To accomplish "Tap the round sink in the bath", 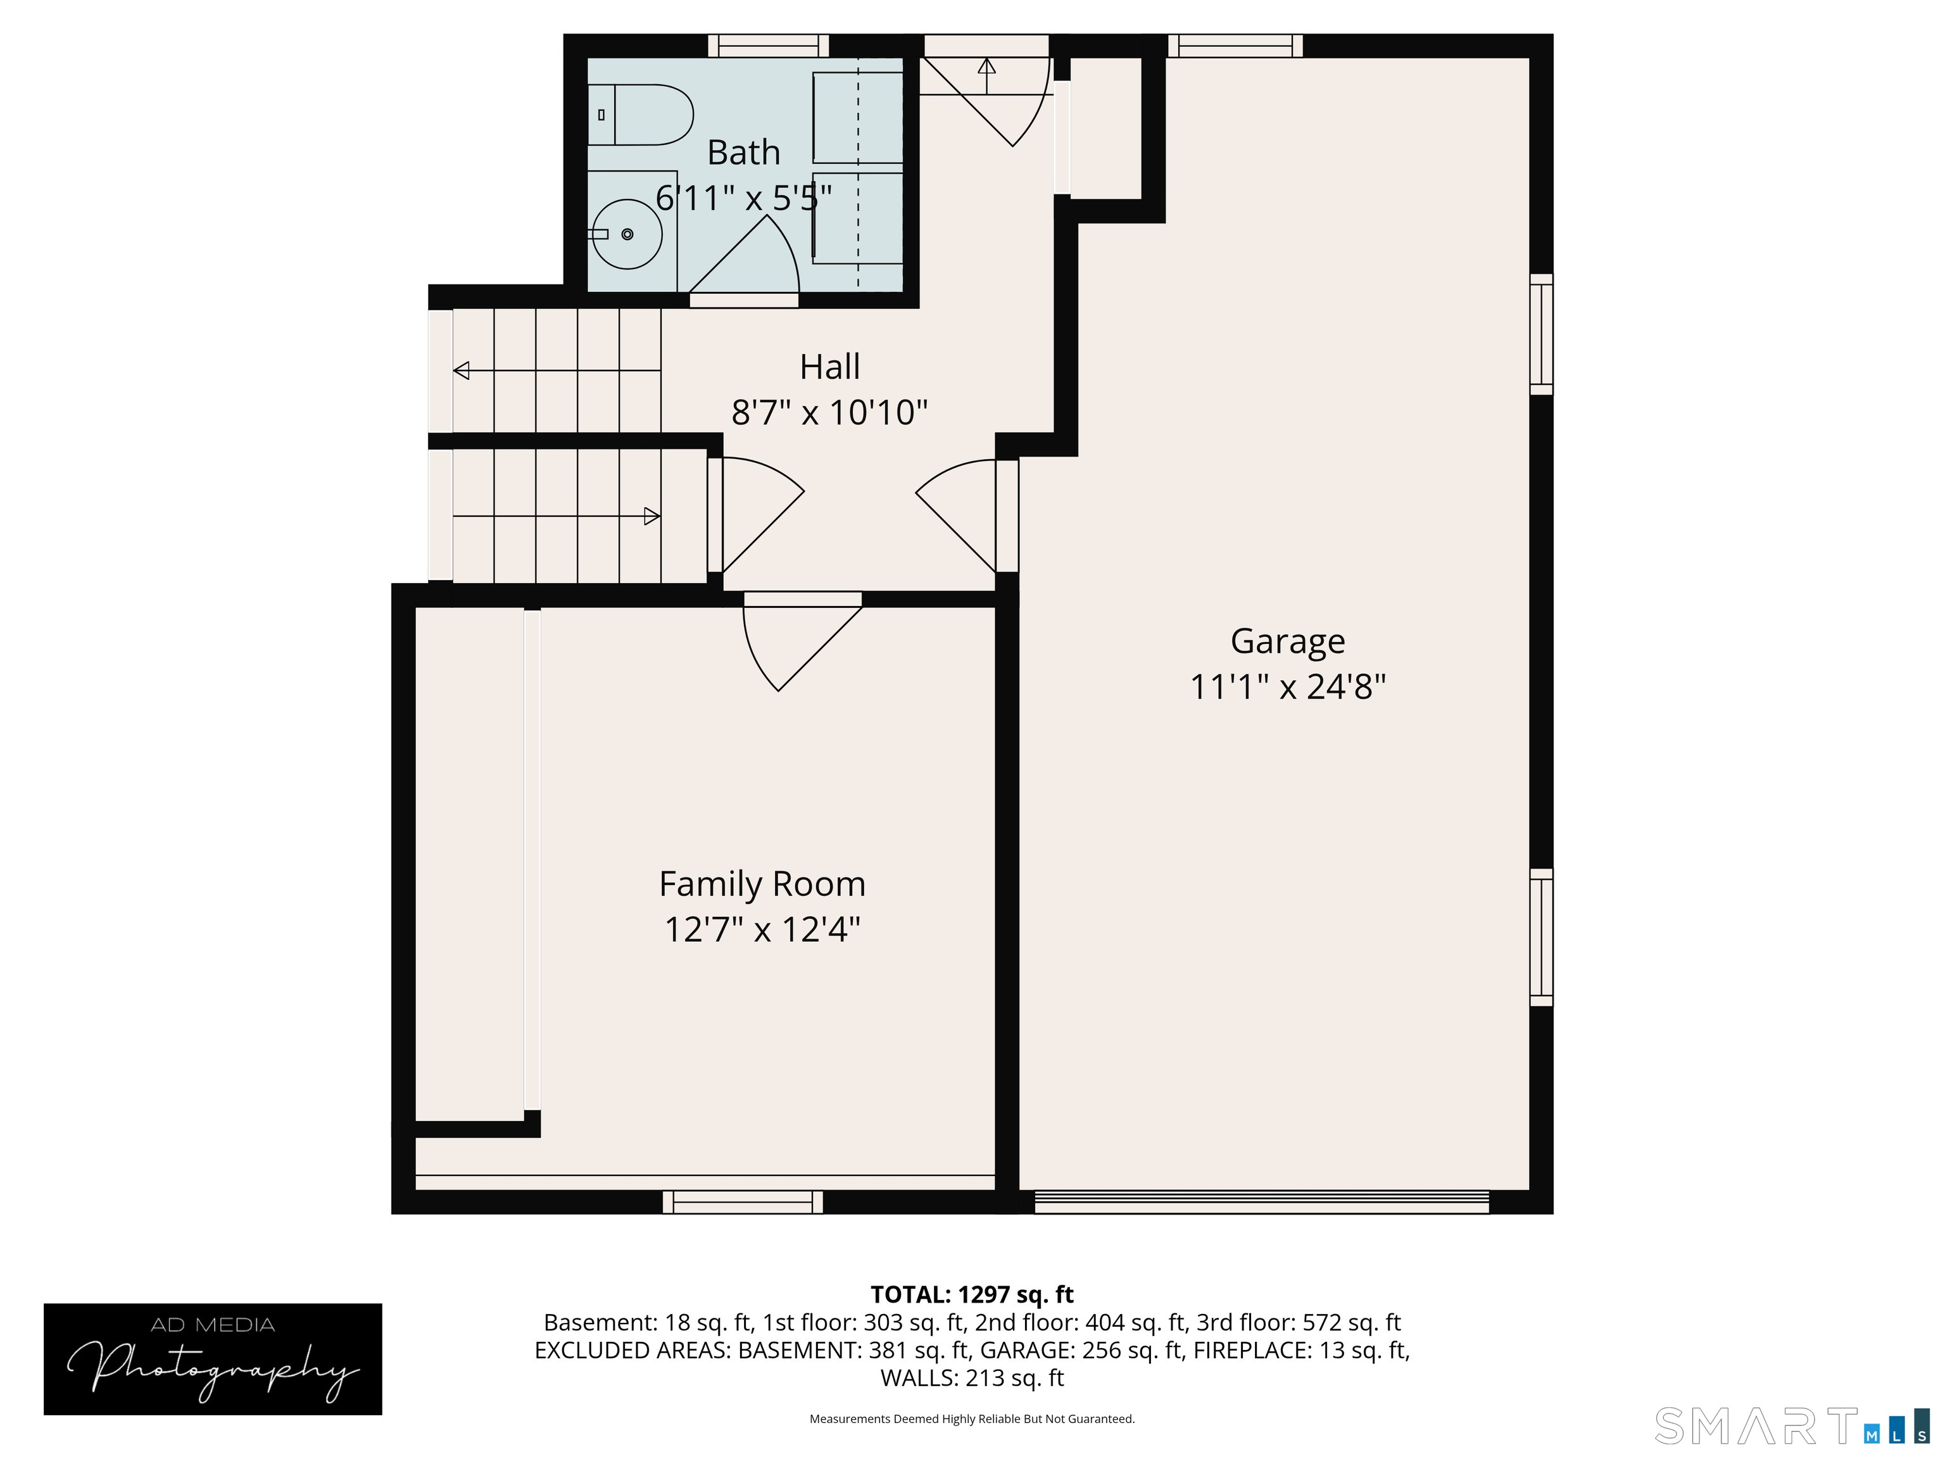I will pyautogui.click(x=626, y=234).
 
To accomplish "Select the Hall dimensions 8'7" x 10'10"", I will pyautogui.click(x=829, y=412).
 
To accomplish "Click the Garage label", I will pyautogui.click(x=1287, y=641).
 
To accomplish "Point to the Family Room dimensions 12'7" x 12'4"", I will pyautogui.click(x=762, y=930).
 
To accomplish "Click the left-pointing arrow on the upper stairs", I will pyautogui.click(x=462, y=371).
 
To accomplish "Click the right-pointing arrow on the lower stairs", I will pyautogui.click(x=651, y=516).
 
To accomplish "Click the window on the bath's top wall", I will pyautogui.click(x=769, y=46).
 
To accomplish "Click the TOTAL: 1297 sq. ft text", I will pyautogui.click(x=972, y=1294).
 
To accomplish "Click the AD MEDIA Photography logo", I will pyautogui.click(x=213, y=1359).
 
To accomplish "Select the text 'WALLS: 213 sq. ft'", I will pyautogui.click(x=972, y=1378).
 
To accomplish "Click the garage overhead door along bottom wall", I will pyautogui.click(x=1261, y=1202).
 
